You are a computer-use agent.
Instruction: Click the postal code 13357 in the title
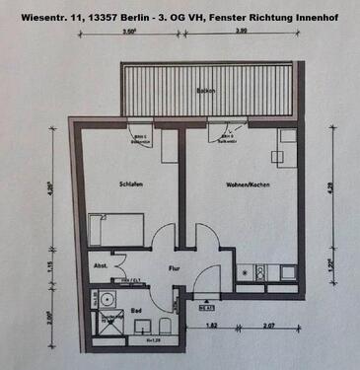click(x=92, y=16)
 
